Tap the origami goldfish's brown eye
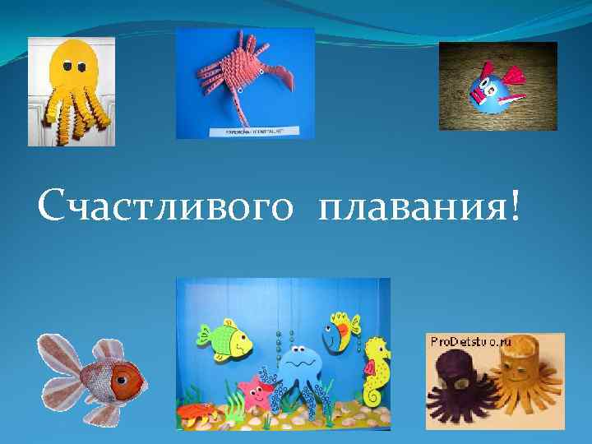pyautogui.click(x=125, y=380)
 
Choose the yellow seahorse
pyautogui.click(x=377, y=370)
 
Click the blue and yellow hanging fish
pyautogui.click(x=340, y=331)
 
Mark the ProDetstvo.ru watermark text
pyautogui.click(x=469, y=341)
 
